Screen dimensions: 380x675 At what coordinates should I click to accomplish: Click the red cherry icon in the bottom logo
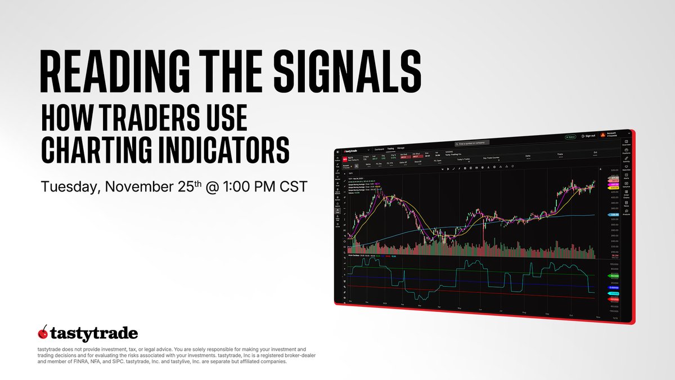click(x=41, y=332)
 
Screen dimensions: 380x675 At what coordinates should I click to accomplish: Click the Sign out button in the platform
click(x=588, y=136)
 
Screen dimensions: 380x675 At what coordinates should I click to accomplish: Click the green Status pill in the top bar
click(x=570, y=137)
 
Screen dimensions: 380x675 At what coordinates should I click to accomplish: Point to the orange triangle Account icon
click(x=602, y=135)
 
